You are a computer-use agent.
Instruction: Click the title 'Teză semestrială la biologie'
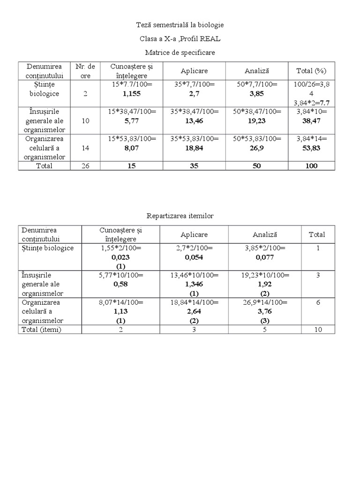(180, 24)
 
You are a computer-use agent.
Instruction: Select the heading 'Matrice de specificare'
(180, 52)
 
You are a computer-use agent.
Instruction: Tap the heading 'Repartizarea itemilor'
(180, 216)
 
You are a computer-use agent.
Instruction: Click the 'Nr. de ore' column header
(85, 71)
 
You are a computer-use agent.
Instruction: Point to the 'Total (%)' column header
(311, 71)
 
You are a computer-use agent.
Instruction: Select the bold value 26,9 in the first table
(256, 148)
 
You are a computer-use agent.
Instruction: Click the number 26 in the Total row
(85, 165)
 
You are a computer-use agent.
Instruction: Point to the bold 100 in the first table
(311, 165)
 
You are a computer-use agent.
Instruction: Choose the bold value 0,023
(120, 257)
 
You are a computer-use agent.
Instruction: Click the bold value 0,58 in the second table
(120, 284)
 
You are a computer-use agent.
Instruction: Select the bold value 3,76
(265, 311)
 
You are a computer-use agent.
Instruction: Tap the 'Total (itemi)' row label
(42, 330)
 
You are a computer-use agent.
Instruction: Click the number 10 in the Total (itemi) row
(318, 330)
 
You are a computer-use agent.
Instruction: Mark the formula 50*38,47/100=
(256, 112)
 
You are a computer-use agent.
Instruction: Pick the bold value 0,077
(265, 257)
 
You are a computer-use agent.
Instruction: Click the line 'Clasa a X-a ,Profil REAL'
(180, 38)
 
